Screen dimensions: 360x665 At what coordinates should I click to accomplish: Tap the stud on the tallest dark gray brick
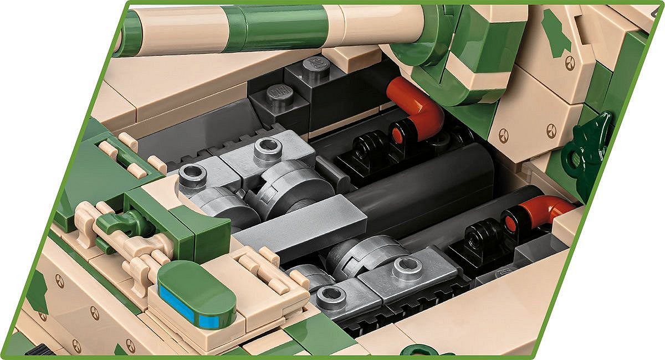[x=316, y=65]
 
